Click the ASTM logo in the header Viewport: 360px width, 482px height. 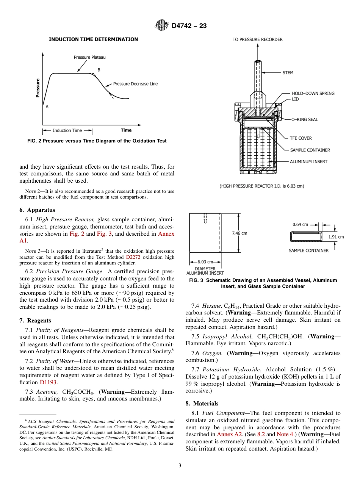pyautogui.click(x=162, y=26)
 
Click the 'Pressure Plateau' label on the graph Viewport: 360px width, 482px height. pyautogui.click(x=89, y=57)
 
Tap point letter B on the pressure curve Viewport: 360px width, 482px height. pyautogui.click(x=99, y=70)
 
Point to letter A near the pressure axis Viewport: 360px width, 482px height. pyautogui.click(x=47, y=107)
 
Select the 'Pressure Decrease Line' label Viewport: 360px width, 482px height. pyautogui.click(x=135, y=84)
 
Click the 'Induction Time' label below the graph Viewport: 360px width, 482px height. pyautogui.click(x=67, y=130)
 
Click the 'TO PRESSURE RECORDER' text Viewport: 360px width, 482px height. pyautogui.click(x=257, y=39)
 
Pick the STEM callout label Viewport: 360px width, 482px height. pyautogui.click(x=288, y=72)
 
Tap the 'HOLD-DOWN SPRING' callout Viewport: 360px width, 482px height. pyautogui.click(x=313, y=93)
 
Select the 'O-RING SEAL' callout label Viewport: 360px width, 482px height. pyautogui.click(x=304, y=119)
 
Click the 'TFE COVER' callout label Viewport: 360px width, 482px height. pyautogui.click(x=301, y=138)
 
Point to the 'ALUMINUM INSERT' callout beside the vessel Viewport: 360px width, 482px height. pyautogui.click(x=309, y=161)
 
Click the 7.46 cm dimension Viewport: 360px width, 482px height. pyautogui.click(x=239, y=233)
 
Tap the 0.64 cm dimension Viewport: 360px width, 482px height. pyautogui.click(x=300, y=224)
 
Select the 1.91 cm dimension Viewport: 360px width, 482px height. pyautogui.click(x=336, y=237)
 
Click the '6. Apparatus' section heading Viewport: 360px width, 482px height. pyautogui.click(x=37, y=210)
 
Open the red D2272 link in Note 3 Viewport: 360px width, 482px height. pyautogui.click(x=133, y=257)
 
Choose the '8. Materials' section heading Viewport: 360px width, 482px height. pyautogui.click(x=202, y=404)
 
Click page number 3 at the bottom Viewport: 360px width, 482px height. pyautogui.click(x=180, y=466)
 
